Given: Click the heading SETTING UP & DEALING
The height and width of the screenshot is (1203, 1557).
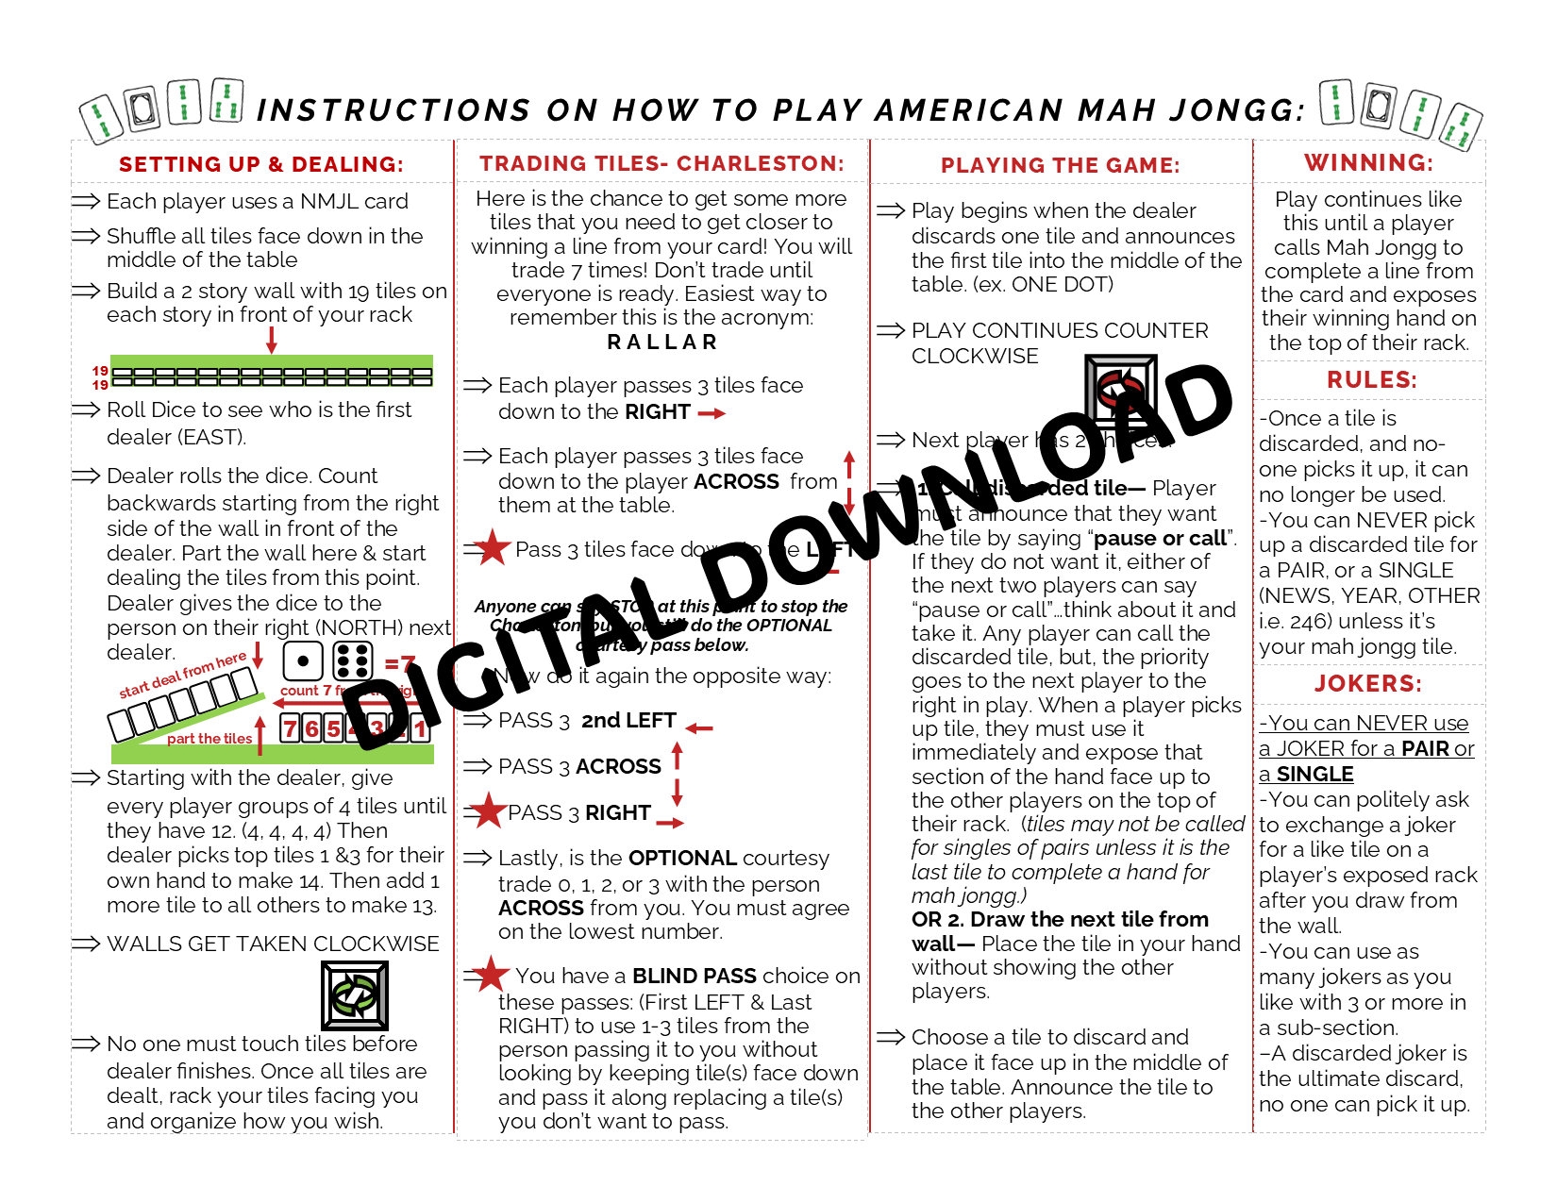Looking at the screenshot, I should click(260, 164).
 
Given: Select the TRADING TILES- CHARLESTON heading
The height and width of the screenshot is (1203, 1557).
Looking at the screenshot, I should click(661, 163).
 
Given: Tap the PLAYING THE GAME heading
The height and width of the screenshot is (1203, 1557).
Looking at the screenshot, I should click(1060, 165).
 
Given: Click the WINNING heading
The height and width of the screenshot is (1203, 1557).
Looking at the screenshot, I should click(1368, 162).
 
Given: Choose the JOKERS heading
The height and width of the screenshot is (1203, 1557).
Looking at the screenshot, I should click(1368, 684).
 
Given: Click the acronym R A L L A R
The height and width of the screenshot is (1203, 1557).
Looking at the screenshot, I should click(662, 342).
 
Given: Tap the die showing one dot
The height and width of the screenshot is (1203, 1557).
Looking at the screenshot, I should click(303, 660).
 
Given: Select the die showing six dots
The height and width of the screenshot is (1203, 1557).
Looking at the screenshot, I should click(353, 660).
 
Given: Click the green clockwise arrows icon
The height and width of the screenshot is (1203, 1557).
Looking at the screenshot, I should click(355, 995).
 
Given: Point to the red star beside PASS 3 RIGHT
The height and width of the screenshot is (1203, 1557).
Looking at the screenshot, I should click(488, 810).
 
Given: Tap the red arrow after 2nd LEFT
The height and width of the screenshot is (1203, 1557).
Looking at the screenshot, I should click(699, 727).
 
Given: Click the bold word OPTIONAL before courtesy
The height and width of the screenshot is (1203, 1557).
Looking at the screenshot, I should click(682, 859).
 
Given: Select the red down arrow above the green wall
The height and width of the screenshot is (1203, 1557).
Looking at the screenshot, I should click(272, 340).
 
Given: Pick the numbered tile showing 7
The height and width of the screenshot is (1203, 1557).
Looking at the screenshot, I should click(290, 728).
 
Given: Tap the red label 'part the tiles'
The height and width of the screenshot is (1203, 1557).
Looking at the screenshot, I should click(209, 739).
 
